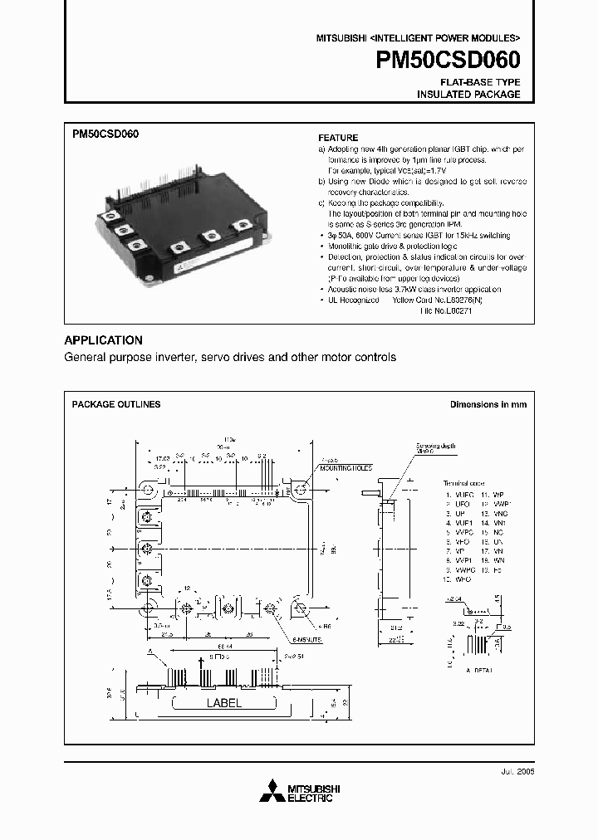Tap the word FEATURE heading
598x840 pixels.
click(x=339, y=138)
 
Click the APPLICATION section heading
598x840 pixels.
click(x=104, y=340)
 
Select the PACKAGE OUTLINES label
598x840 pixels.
click(x=116, y=404)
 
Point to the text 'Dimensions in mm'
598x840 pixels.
click(x=488, y=404)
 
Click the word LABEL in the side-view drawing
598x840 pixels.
click(x=223, y=703)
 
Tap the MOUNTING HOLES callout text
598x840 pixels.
click(x=341, y=467)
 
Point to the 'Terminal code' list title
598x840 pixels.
click(x=463, y=482)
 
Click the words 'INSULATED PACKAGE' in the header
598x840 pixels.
click(x=468, y=95)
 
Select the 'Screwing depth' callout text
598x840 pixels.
click(x=429, y=445)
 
